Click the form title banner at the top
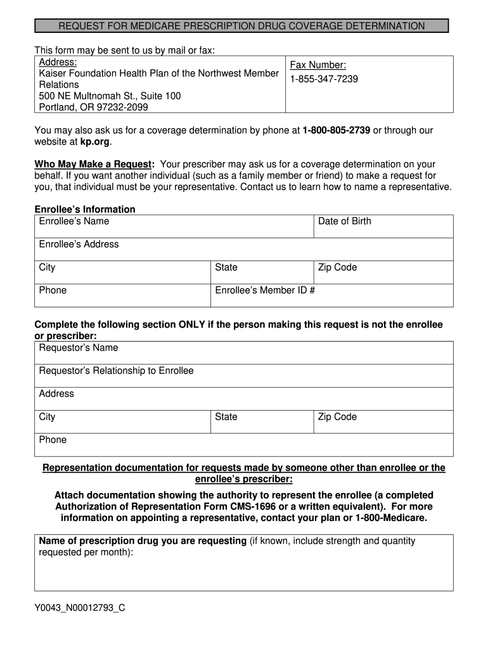coord(241,26)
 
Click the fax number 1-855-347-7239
coord(324,79)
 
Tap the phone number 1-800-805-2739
coord(336,131)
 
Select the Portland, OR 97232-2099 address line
coord(94,107)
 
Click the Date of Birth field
coord(383,226)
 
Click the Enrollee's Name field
coord(174,226)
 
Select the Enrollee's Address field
coord(243,249)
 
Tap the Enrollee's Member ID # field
coord(331,295)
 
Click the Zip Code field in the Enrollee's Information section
coord(383,273)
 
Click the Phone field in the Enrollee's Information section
coord(122,295)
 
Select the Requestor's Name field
coord(243,353)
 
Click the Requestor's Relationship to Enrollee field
coord(243,376)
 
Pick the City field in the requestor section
coord(122,421)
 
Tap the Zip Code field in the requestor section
coord(383,421)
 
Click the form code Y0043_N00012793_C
coord(80,608)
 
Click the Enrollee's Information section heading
coord(85,209)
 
